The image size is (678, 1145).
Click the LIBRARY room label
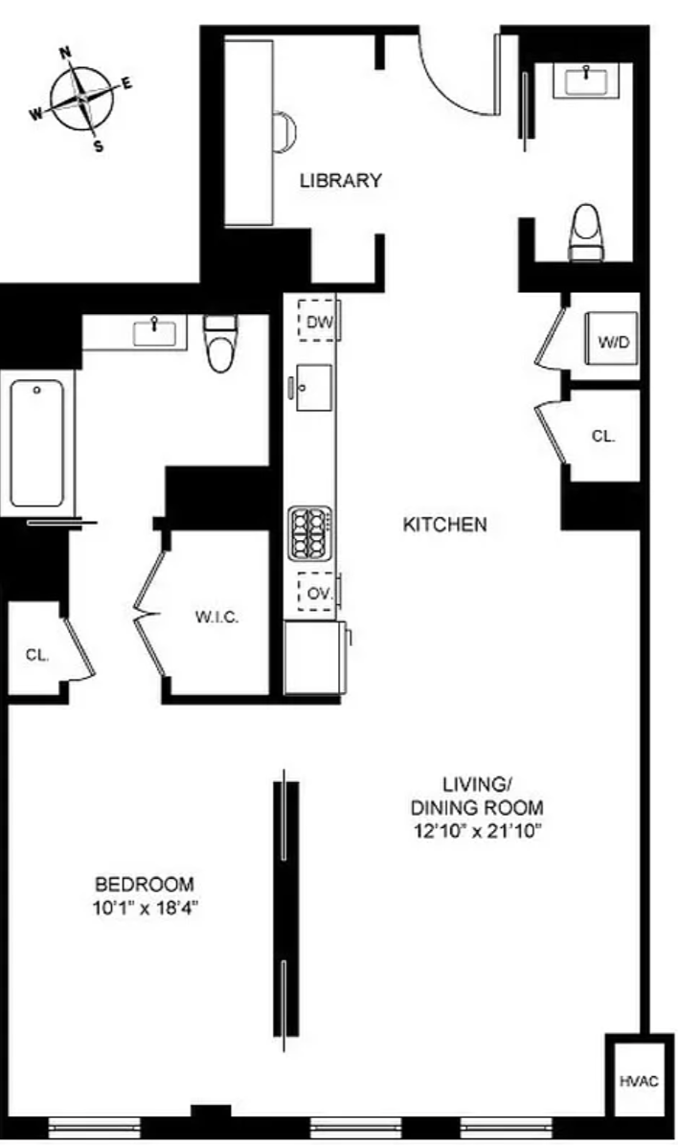(x=341, y=180)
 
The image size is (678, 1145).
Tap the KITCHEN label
(x=445, y=525)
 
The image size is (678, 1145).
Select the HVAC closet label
(x=640, y=1081)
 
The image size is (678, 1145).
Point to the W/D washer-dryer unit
(x=614, y=340)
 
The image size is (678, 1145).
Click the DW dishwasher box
(x=318, y=321)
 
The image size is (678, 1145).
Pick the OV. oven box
(x=318, y=594)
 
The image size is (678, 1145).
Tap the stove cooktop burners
(x=310, y=533)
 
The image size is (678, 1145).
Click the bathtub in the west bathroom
(x=37, y=443)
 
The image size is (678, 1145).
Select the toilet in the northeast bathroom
(x=586, y=233)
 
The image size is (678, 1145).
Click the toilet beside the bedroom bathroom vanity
(x=220, y=343)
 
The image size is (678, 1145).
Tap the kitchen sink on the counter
(x=313, y=388)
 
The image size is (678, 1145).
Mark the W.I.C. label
(x=216, y=617)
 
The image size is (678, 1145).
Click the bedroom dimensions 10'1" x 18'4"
(x=147, y=909)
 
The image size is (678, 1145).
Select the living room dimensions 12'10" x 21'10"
(x=476, y=830)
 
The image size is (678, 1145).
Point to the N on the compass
(x=65, y=52)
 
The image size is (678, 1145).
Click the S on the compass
(x=99, y=146)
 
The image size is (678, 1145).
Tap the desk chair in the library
(x=286, y=132)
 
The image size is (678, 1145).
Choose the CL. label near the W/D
(x=603, y=437)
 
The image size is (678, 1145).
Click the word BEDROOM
(x=145, y=885)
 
